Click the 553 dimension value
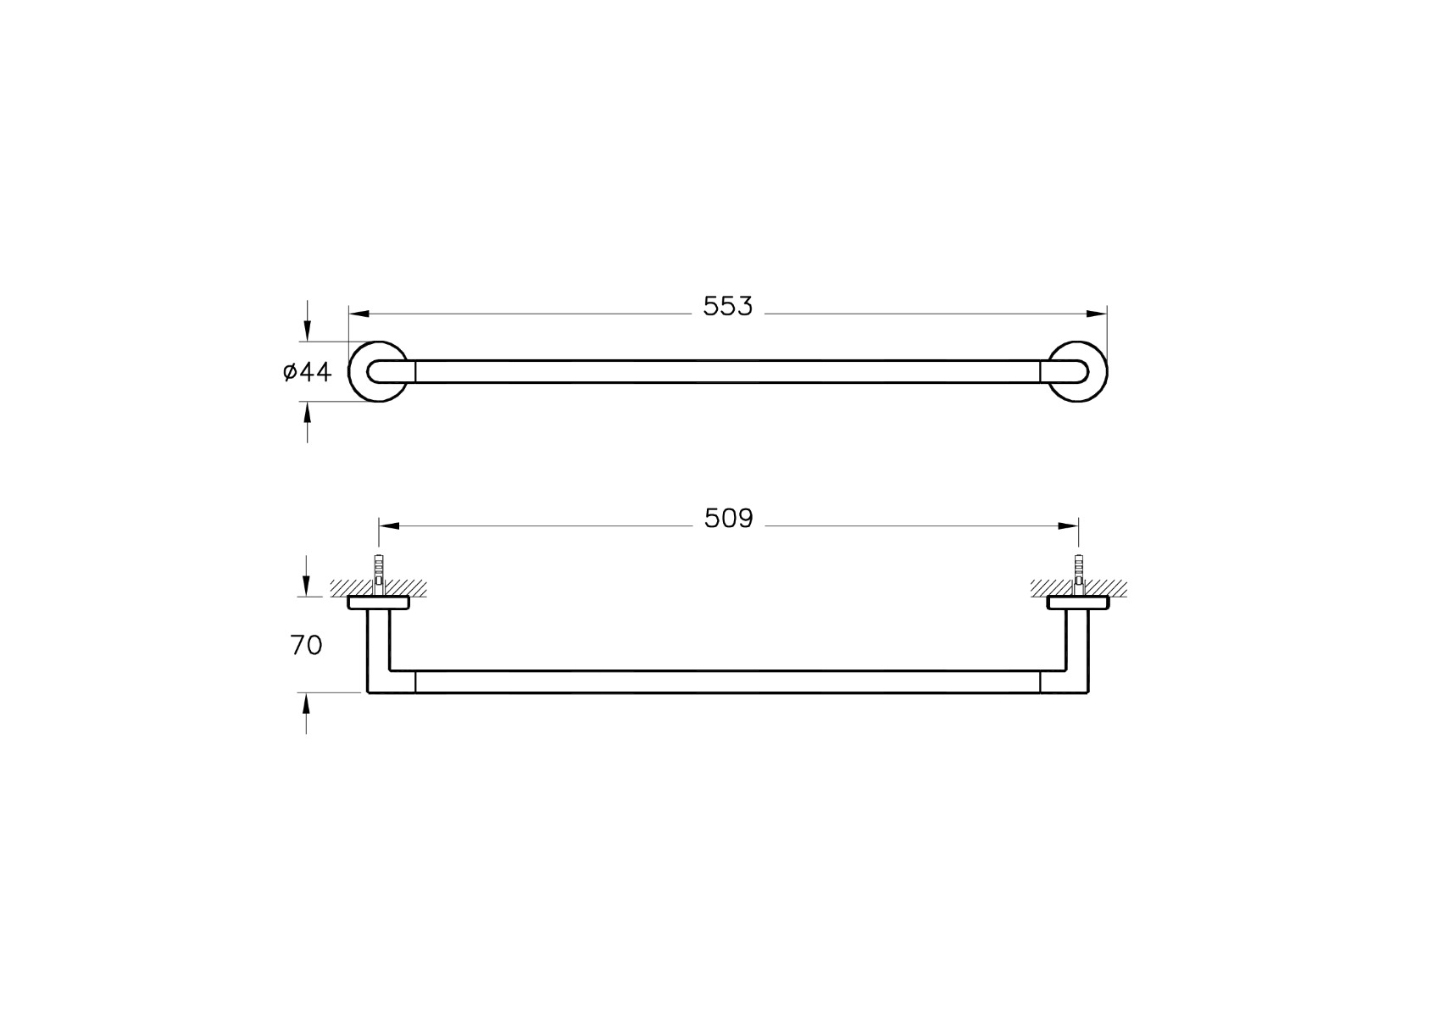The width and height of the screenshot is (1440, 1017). tap(727, 307)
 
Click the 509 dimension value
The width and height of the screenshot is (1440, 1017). tap(728, 518)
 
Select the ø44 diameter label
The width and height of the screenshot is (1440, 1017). tap(308, 371)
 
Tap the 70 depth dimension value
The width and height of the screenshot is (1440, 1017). tap(306, 645)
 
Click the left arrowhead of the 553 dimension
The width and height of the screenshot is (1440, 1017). tap(359, 314)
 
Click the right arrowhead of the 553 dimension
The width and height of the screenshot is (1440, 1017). tap(1097, 314)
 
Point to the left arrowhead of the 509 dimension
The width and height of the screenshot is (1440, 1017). tap(389, 525)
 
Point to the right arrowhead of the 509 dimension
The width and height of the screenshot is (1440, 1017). tap(1069, 525)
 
